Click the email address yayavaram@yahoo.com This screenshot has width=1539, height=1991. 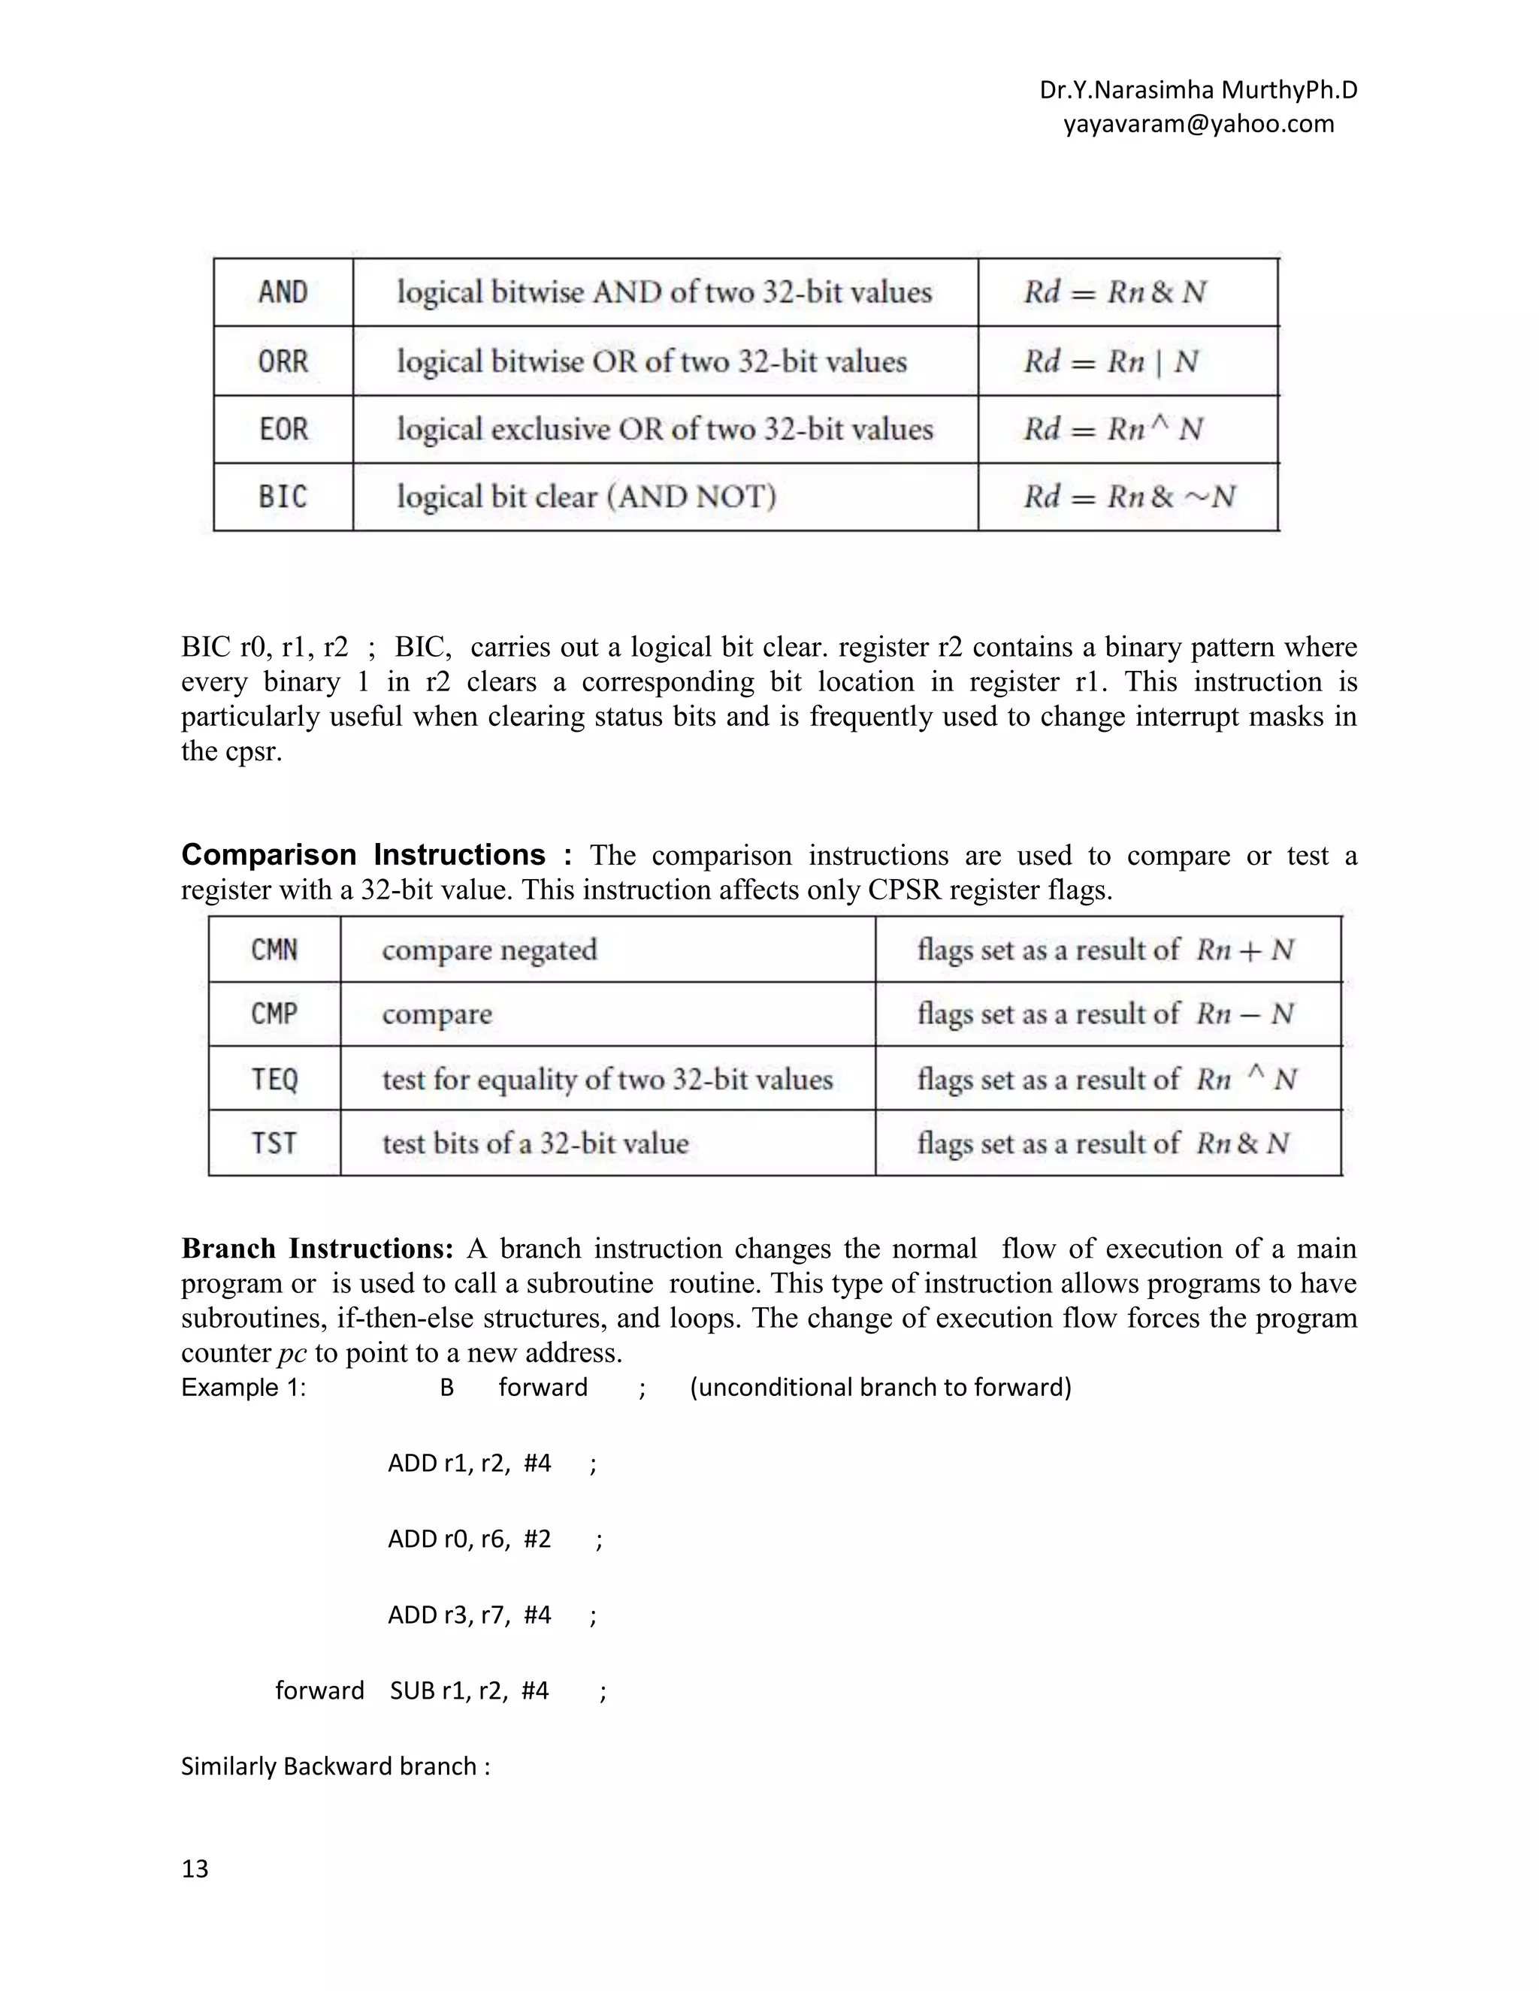(1198, 124)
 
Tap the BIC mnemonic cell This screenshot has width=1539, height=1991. (283, 497)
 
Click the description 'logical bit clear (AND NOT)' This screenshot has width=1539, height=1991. (586, 497)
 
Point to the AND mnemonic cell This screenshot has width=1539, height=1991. (283, 292)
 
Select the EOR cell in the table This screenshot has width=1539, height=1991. (283, 428)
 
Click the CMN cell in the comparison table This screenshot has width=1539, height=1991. (274, 950)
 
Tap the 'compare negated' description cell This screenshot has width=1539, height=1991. (490, 950)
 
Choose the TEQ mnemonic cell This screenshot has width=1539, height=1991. (274, 1080)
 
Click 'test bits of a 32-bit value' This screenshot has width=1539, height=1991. (535, 1144)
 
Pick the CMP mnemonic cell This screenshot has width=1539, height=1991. (274, 1014)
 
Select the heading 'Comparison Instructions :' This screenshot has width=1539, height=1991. (376, 855)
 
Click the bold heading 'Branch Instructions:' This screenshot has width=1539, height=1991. (317, 1248)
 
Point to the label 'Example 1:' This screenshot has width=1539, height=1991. (243, 1388)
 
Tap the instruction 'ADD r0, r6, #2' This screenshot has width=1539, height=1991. (470, 1539)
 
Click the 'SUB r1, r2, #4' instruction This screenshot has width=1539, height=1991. (470, 1691)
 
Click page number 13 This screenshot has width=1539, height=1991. (195, 1869)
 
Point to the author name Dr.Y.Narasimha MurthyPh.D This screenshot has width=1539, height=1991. (1198, 90)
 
